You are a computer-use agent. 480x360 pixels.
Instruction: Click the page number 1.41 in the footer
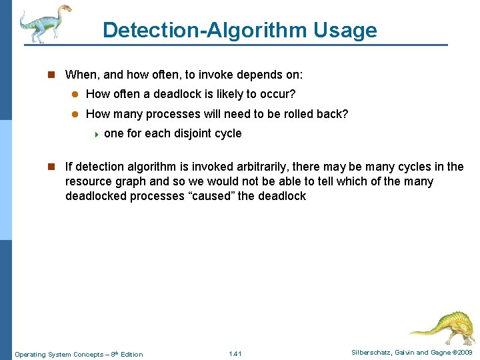[235, 353]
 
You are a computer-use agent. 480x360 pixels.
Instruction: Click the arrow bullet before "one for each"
[97, 134]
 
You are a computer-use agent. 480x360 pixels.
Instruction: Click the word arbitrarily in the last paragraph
[261, 167]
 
